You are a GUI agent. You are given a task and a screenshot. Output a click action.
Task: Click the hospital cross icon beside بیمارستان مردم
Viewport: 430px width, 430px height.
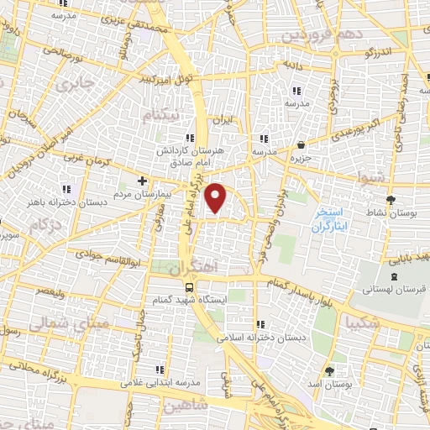pyautogui.click(x=142, y=181)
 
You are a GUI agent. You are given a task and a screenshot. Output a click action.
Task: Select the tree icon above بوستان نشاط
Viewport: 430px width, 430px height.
pyautogui.click(x=391, y=198)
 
